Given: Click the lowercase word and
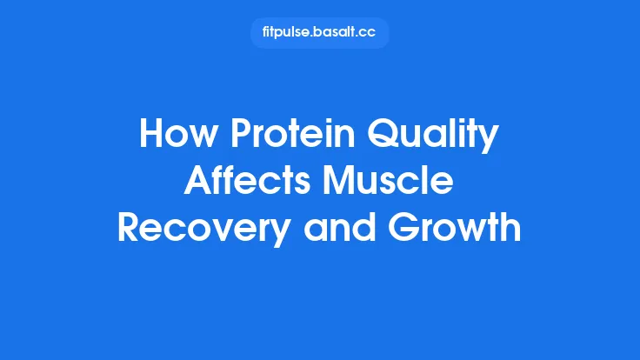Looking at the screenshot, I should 348,228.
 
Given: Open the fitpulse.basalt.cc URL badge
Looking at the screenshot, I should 319,33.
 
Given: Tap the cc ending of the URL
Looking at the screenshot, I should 369,33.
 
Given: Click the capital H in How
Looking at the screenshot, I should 151,137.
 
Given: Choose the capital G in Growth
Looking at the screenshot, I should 412,228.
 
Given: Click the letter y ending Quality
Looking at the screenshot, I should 490,142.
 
